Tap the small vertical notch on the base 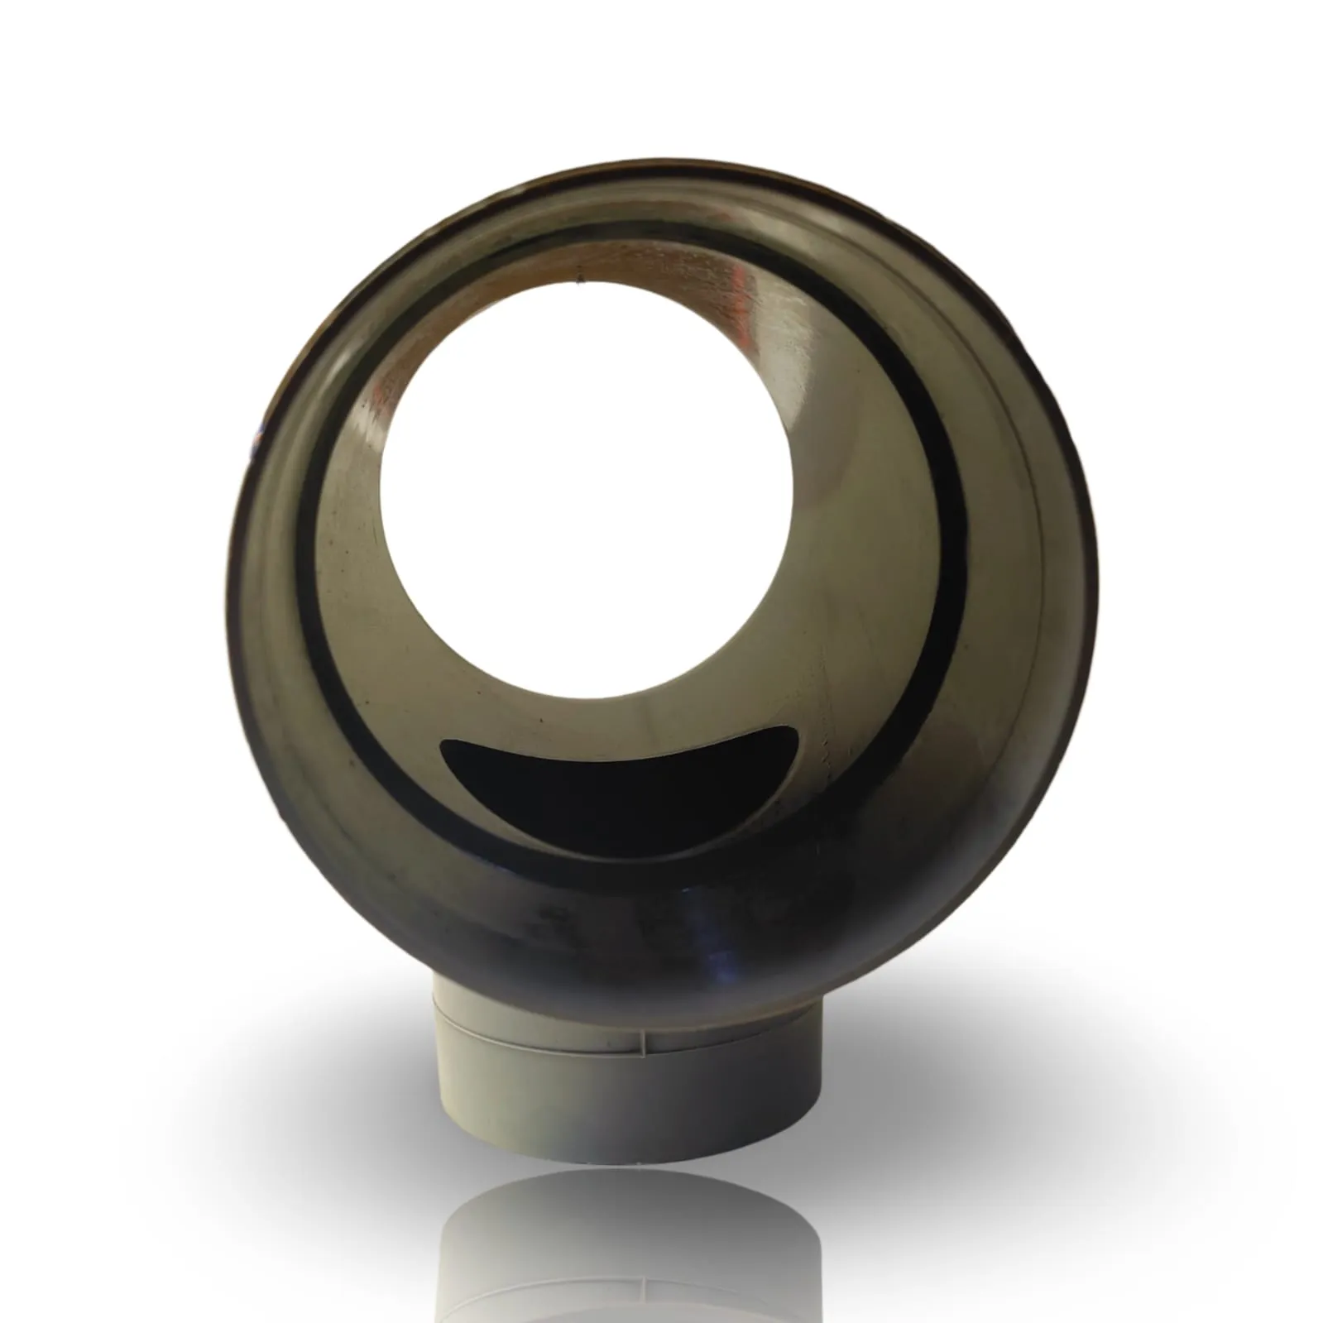[x=641, y=1038]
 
